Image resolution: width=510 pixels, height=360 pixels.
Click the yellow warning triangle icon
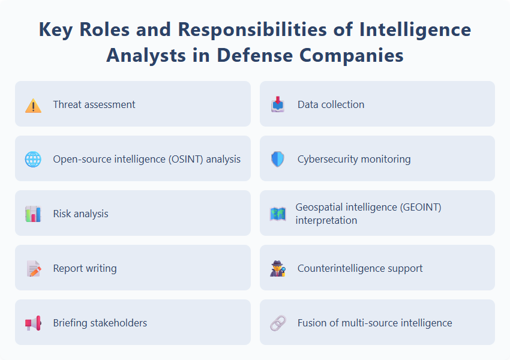coord(33,106)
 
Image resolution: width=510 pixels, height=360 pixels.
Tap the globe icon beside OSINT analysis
coord(33,159)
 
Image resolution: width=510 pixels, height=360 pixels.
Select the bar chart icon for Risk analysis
coord(33,214)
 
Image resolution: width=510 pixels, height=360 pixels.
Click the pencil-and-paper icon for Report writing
coord(34,268)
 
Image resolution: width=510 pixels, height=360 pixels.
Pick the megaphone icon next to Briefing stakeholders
coord(33,323)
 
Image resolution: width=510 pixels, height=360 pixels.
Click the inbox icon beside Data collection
coord(277,104)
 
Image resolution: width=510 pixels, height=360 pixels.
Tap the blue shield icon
coord(277,159)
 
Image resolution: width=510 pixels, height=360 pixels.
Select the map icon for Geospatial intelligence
coord(277,214)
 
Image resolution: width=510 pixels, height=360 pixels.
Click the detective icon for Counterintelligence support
coord(277,268)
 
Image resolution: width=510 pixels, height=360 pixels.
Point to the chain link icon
coord(277,323)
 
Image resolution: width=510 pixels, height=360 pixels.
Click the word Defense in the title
coord(254,55)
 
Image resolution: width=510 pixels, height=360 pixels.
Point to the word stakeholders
coord(118,323)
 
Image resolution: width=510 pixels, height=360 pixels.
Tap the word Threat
coord(67,104)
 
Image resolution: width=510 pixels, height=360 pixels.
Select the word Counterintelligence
coord(341,268)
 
